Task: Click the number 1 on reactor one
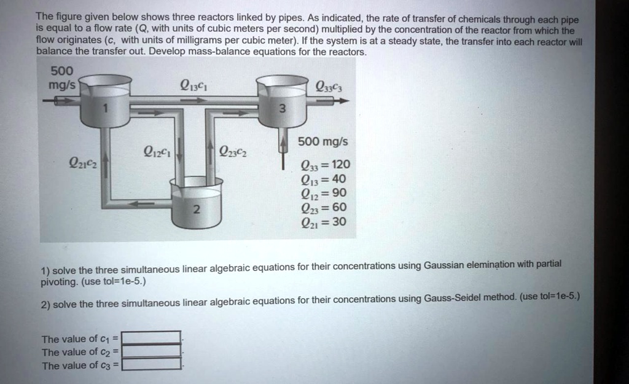pos(105,109)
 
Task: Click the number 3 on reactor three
pos(282,109)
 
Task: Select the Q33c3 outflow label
pos(329,87)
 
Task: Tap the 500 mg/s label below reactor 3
pos(322,142)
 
